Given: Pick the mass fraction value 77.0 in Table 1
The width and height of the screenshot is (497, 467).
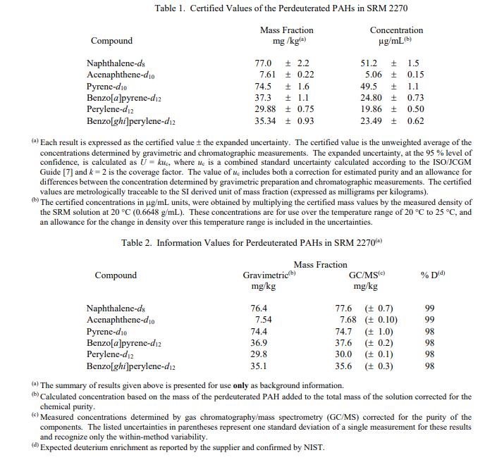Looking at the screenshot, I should (263, 63).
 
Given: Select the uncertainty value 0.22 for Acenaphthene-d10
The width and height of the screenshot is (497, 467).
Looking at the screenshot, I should (306, 74).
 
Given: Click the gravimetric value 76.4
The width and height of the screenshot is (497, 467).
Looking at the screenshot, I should (259, 309).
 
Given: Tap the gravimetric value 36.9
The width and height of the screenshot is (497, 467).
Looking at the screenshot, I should (259, 343).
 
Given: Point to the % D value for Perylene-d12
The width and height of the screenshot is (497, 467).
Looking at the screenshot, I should (430, 354).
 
